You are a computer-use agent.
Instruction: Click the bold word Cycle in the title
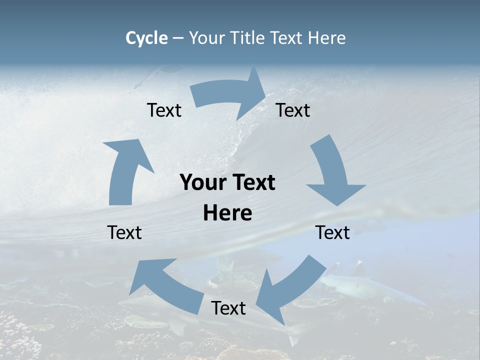click(146, 38)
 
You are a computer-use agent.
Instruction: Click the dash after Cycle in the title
click(178, 38)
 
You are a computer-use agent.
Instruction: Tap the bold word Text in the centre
click(253, 183)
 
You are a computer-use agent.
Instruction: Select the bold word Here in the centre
click(227, 213)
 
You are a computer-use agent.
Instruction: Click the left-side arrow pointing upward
click(125, 170)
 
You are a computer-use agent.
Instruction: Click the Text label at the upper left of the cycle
click(164, 110)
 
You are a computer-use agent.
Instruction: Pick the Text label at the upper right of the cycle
click(293, 110)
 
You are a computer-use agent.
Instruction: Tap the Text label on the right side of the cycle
click(332, 232)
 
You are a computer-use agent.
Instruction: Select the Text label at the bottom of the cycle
click(228, 308)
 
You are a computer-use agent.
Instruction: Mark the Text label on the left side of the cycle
click(124, 232)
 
